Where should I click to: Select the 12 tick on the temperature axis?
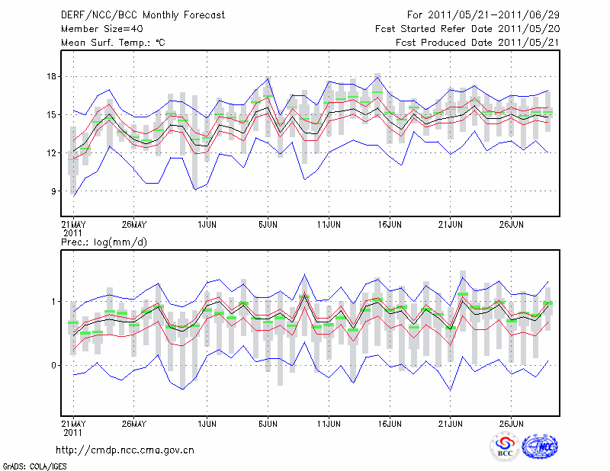point(53,153)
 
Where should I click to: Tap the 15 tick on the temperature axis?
point(53,115)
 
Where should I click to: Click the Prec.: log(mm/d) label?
point(104,242)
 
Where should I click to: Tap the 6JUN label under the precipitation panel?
point(268,422)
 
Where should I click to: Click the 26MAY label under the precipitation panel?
point(133,422)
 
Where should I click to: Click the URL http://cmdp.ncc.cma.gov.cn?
point(125,450)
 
